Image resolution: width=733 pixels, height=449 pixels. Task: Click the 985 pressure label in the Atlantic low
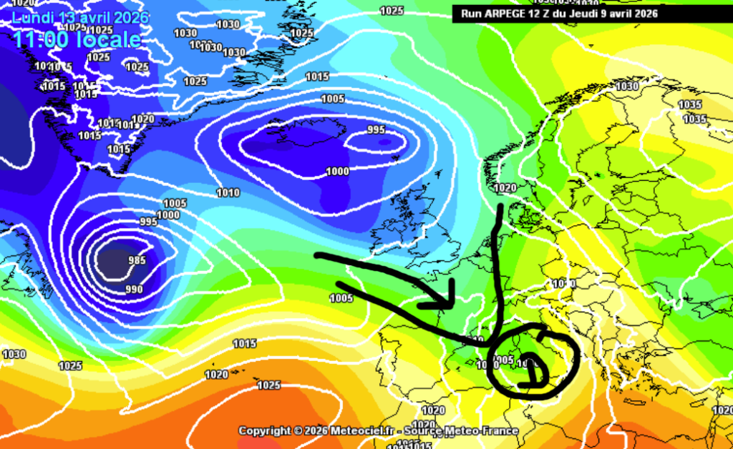point(136,261)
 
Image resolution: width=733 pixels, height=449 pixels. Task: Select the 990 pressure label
point(134,289)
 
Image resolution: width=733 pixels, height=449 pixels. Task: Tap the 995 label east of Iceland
point(376,129)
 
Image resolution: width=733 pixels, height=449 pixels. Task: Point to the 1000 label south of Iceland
point(337,172)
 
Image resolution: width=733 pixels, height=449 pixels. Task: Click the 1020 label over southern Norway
point(505,188)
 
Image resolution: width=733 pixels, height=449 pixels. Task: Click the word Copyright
point(265,430)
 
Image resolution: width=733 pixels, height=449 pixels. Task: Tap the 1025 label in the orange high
point(268,385)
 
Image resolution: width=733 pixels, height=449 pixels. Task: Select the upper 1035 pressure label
point(690,104)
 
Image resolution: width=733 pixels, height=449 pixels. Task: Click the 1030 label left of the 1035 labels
point(627,87)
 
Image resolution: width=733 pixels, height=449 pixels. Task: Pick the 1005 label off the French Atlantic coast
point(342,298)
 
